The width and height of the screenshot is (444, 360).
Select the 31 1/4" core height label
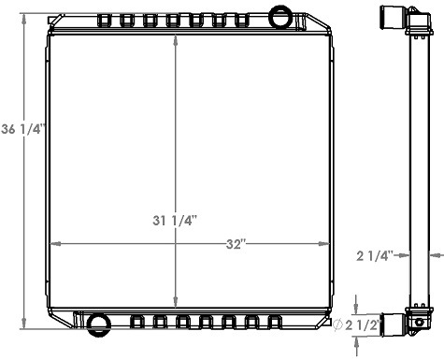pyautogui.click(x=176, y=221)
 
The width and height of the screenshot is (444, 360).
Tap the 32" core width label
pyautogui.click(x=235, y=245)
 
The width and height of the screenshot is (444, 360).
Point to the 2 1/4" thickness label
pyautogui.click(x=377, y=254)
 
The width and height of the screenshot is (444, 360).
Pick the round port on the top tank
pyautogui.click(x=279, y=16)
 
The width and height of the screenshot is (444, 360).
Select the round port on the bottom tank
pyautogui.click(x=98, y=324)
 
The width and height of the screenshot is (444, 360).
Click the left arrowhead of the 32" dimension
pyautogui.click(x=52, y=245)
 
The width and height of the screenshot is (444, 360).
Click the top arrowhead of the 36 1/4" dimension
pyautogui.click(x=26, y=18)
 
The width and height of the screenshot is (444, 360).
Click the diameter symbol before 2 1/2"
pyautogui.click(x=338, y=325)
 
